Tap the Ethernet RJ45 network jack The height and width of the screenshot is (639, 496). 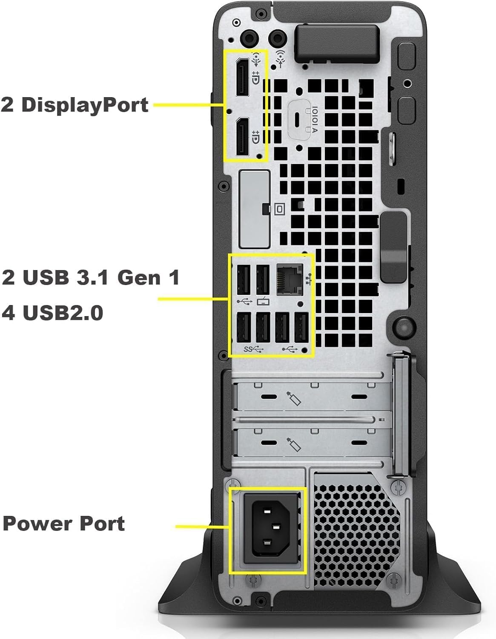tap(290, 279)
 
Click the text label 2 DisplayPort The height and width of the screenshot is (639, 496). tap(75, 105)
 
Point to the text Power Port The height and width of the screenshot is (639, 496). tap(64, 524)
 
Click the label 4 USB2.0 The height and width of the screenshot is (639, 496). tap(53, 313)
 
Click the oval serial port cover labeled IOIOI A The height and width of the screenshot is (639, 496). tap(303, 119)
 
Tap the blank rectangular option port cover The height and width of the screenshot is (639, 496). tap(254, 209)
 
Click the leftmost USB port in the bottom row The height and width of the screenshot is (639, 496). tap(244, 327)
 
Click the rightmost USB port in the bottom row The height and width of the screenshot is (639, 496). tap(301, 327)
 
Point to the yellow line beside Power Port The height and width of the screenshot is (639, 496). tap(203, 527)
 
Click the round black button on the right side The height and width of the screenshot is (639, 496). tap(402, 326)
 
